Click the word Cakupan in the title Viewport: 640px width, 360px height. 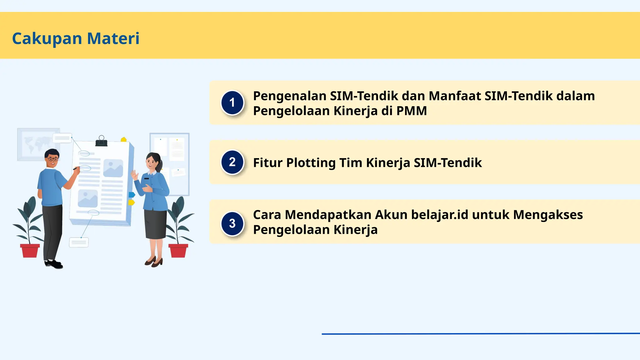click(47, 38)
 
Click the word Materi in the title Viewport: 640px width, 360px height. click(113, 38)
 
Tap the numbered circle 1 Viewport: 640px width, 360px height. click(232, 102)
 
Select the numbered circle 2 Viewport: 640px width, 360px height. click(232, 162)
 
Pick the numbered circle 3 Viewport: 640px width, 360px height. click(232, 223)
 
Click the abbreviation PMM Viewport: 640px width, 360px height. click(412, 111)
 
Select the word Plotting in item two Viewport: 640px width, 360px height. click(311, 163)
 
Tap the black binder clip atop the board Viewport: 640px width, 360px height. click(101, 141)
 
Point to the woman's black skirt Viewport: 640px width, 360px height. click(155, 224)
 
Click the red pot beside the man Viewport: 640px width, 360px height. click(30, 251)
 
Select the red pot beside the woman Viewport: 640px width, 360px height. click(178, 251)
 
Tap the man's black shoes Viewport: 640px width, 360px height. click(54, 264)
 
